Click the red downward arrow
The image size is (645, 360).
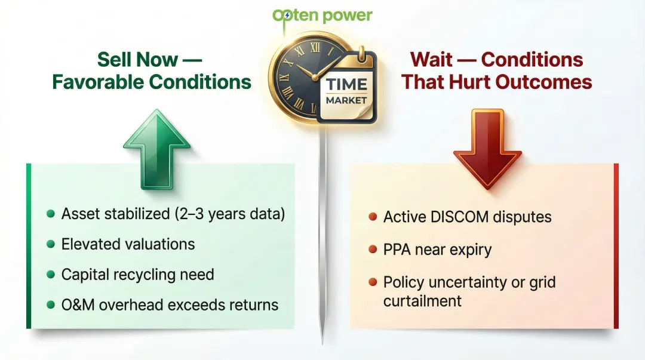487,149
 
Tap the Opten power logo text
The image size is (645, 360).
322,15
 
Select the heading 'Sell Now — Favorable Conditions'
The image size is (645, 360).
152,70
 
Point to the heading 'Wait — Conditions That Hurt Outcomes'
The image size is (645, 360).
496,70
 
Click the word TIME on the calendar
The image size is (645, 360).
346,84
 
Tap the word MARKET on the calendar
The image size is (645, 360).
346,100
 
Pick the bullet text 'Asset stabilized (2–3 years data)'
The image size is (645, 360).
173,214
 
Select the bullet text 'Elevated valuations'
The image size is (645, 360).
128,244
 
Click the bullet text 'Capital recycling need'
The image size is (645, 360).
137,275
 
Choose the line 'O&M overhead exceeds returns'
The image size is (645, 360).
170,305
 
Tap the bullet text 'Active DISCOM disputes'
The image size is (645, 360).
467,217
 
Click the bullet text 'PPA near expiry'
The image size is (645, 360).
437,249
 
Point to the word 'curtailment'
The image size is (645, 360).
422,300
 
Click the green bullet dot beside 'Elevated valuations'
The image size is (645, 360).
51,244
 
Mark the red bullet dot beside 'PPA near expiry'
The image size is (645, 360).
373,249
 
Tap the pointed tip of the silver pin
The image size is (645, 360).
322,341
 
